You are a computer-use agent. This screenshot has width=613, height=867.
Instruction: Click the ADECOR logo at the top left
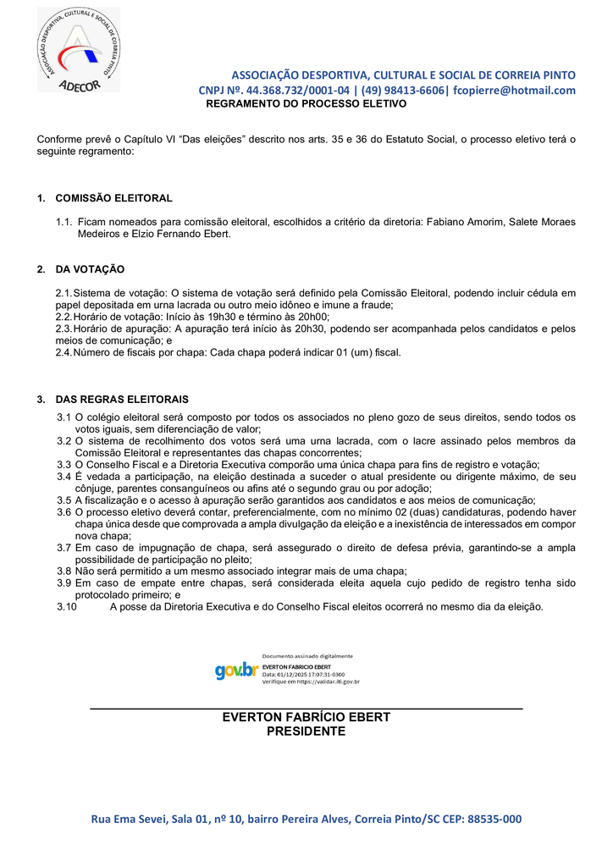[78, 50]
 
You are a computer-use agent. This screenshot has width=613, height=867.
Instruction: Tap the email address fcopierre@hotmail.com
[514, 91]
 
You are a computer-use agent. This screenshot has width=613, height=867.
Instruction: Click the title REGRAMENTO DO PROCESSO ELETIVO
[306, 104]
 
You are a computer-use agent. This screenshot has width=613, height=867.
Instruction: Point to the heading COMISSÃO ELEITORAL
[113, 198]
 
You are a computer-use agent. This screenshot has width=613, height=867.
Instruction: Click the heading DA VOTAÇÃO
[90, 269]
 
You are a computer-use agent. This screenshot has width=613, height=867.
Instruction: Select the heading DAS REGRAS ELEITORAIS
[122, 399]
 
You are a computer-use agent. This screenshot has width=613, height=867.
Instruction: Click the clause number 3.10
[66, 606]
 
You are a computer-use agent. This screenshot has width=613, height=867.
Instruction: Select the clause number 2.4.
[64, 352]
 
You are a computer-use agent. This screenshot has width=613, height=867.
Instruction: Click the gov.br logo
[235, 671]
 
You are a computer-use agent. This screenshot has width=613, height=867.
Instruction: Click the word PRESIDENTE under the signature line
[306, 732]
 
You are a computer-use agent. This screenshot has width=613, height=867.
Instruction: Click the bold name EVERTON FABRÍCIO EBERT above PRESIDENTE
[306, 717]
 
